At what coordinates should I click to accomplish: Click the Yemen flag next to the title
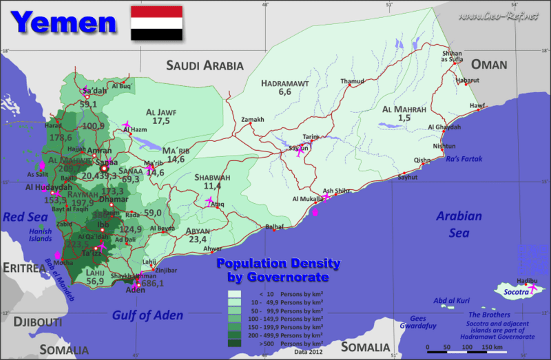[156, 22]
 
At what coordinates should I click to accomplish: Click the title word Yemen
[65, 22]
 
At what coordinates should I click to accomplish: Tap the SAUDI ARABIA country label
[205, 66]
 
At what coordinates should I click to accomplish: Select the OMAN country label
[489, 65]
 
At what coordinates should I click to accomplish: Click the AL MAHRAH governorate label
[404, 109]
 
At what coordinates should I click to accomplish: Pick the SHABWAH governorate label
[212, 177]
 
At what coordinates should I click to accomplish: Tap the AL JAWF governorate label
[161, 112]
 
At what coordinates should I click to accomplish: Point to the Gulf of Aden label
[148, 315]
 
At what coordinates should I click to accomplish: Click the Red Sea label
[23, 217]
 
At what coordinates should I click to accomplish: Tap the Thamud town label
[351, 81]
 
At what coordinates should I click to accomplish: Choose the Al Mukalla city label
[306, 199]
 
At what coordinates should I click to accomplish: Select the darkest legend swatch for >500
[235, 342]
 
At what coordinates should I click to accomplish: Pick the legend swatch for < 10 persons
[235, 294]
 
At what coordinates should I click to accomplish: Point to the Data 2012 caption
[308, 351]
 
